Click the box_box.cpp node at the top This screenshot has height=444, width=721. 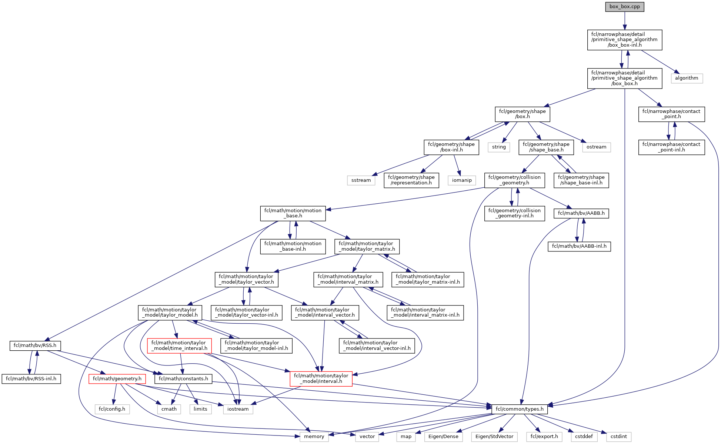point(624,7)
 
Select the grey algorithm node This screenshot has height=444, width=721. point(686,78)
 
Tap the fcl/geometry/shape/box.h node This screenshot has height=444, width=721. point(522,114)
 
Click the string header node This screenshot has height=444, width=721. point(499,147)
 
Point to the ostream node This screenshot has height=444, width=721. point(596,147)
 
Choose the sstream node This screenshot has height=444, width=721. point(361,180)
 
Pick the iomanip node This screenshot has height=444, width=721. point(462,180)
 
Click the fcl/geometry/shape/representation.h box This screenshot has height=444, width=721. point(411,180)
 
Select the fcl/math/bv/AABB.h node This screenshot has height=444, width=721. point(581,213)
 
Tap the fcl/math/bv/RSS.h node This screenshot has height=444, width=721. point(35,345)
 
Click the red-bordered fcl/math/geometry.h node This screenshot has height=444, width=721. point(117,379)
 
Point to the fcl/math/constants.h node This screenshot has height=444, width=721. point(183,379)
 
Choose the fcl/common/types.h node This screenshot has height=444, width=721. point(520,409)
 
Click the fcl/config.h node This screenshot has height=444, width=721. point(112,409)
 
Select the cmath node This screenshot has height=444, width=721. point(169,409)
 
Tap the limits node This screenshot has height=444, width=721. point(200,409)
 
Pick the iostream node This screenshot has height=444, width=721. point(238,409)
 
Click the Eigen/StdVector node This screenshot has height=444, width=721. point(494,437)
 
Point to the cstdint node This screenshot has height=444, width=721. point(618,437)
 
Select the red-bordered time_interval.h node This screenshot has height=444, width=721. point(179,345)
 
